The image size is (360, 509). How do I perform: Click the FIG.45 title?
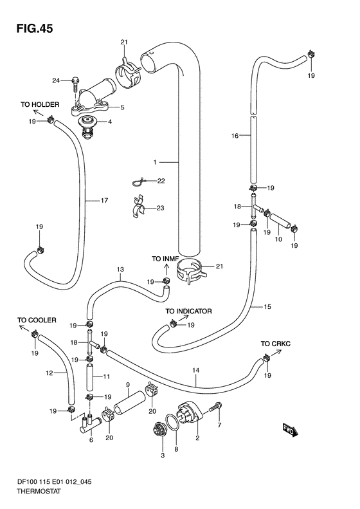(x=35, y=28)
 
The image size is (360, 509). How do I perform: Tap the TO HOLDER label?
(x=40, y=104)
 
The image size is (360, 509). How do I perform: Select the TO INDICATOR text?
(x=188, y=311)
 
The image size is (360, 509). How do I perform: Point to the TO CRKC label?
(x=276, y=344)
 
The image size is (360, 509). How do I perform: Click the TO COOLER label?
(x=37, y=320)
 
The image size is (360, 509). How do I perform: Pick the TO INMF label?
(x=165, y=259)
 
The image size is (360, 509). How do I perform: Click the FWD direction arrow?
(x=291, y=431)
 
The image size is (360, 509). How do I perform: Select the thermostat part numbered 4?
(x=88, y=128)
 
